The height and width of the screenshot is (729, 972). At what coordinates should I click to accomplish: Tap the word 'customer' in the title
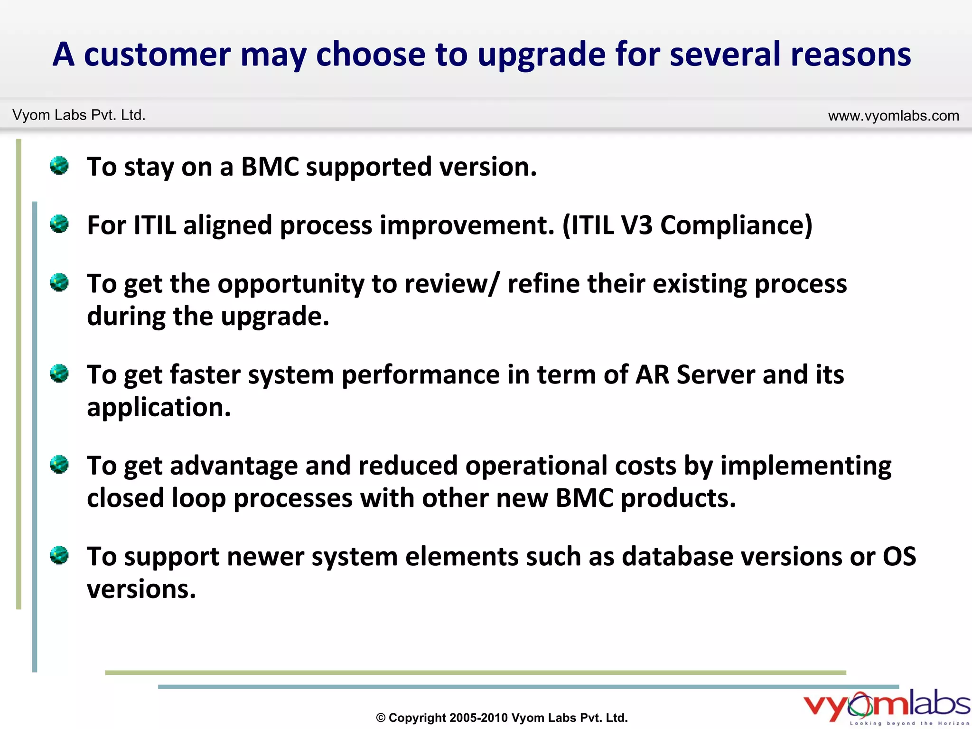tap(157, 55)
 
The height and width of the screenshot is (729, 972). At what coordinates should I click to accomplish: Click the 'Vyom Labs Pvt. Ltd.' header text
tap(79, 115)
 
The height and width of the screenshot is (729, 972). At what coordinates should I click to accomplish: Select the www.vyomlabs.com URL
tap(893, 116)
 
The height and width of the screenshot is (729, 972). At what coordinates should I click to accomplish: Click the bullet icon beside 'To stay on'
tap(59, 166)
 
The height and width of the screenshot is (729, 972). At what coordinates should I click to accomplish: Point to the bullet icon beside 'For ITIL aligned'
tap(59, 224)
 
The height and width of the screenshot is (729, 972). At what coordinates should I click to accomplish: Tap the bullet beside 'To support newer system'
tap(59, 555)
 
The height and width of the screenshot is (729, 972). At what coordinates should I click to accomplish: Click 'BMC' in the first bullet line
tap(270, 167)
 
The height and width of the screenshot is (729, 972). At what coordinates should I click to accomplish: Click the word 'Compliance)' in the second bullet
tap(736, 225)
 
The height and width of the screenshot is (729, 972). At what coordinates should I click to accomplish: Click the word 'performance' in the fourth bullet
tap(420, 375)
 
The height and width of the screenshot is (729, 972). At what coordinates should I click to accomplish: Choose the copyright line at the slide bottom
tap(502, 718)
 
